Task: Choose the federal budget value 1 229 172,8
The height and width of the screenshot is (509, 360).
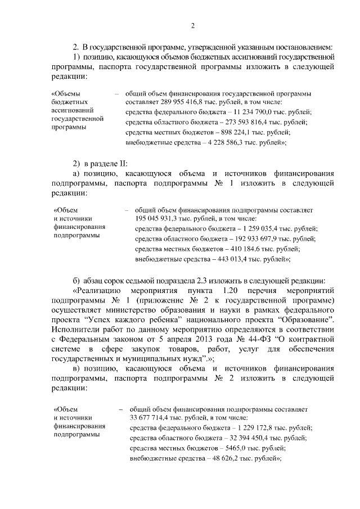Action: coord(258,428)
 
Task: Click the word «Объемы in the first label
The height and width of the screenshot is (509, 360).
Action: coord(65,93)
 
